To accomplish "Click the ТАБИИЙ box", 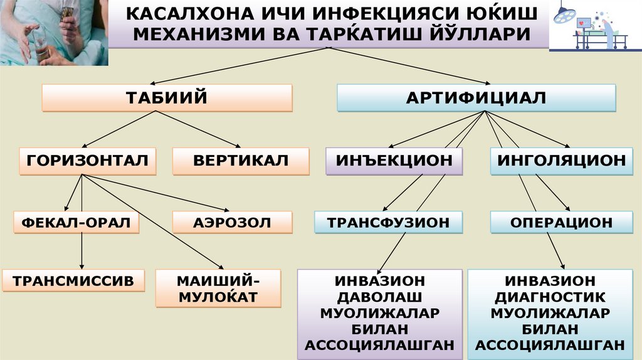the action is click(167, 98).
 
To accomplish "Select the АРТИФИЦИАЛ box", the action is click(476, 98).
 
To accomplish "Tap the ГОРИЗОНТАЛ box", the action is click(87, 161).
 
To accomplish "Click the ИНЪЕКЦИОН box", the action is click(394, 161).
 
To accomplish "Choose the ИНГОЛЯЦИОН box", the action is click(561, 161).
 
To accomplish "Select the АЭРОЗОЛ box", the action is click(233, 222).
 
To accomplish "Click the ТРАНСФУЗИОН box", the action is click(389, 222).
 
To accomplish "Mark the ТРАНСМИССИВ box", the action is click(73, 281).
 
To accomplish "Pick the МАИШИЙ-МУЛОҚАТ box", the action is click(218, 288).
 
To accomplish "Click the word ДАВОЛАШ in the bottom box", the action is click(381, 296).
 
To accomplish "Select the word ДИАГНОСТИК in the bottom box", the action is click(550, 296).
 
